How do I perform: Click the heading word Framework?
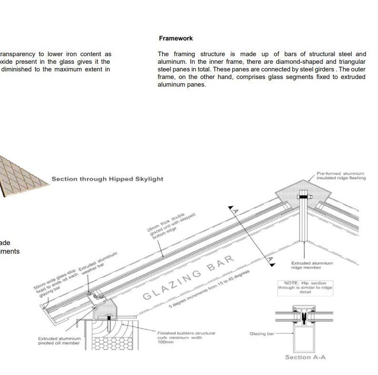pyautogui.click(x=176, y=38)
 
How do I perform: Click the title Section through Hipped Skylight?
pyautogui.click(x=107, y=179)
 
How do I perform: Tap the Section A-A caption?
pyautogui.click(x=305, y=357)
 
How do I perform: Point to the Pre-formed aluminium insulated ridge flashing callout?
pyautogui.click(x=341, y=176)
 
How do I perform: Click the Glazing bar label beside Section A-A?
pyautogui.click(x=262, y=334)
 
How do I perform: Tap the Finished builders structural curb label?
pyautogui.click(x=186, y=337)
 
